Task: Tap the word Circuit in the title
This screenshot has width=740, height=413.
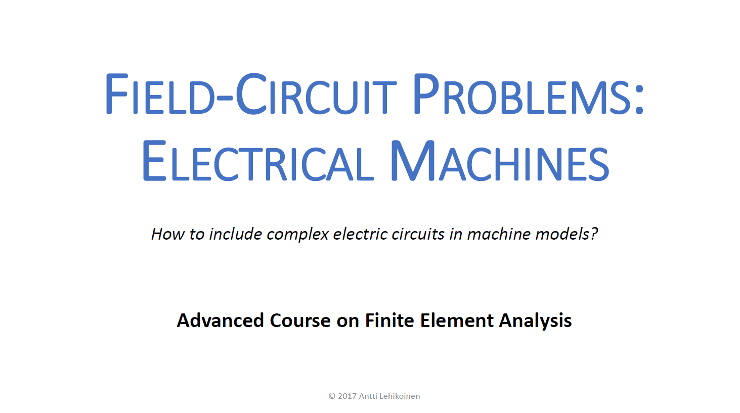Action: click(316, 93)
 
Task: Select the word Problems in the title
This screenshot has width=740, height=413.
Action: click(523, 94)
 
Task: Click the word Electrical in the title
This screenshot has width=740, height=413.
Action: click(257, 161)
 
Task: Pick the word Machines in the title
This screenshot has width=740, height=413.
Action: click(500, 161)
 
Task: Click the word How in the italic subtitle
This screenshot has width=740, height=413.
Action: click(168, 234)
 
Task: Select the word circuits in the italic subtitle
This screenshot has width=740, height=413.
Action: click(418, 234)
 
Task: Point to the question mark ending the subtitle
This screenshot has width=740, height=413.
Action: click(594, 234)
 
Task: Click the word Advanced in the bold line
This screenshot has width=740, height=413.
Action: click(221, 320)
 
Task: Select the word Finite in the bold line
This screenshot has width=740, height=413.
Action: click(389, 320)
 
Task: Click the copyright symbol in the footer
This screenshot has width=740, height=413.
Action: click(332, 396)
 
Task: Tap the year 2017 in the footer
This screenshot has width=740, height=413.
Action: click(347, 396)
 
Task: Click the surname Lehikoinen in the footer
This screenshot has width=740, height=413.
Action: click(400, 396)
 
